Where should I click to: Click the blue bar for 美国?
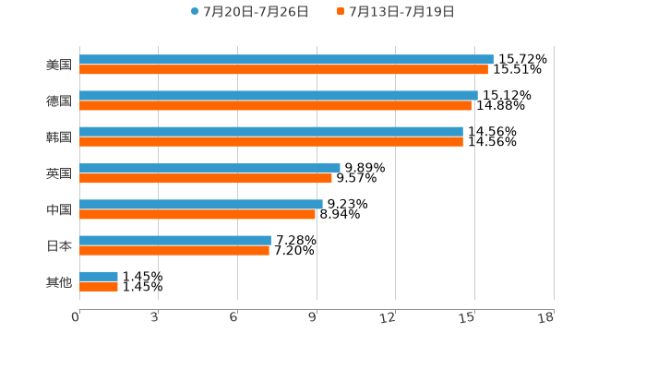[286, 59]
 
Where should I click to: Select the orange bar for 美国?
[283, 69]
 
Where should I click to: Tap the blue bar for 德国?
[279, 95]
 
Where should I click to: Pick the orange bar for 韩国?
[271, 142]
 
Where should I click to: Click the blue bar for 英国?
[209, 168]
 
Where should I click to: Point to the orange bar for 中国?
[197, 214]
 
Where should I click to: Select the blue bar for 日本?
[175, 240]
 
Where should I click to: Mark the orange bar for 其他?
[99, 286]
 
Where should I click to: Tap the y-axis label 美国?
[59, 65]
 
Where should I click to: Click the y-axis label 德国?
[59, 101]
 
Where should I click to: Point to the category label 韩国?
[59, 137]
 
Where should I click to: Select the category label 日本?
[59, 245]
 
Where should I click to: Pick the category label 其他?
[59, 281]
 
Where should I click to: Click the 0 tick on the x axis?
[76, 317]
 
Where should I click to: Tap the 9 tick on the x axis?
[313, 317]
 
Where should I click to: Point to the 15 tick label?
[468, 317]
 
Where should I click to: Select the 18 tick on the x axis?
[546, 317]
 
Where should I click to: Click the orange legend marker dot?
[341, 12]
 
